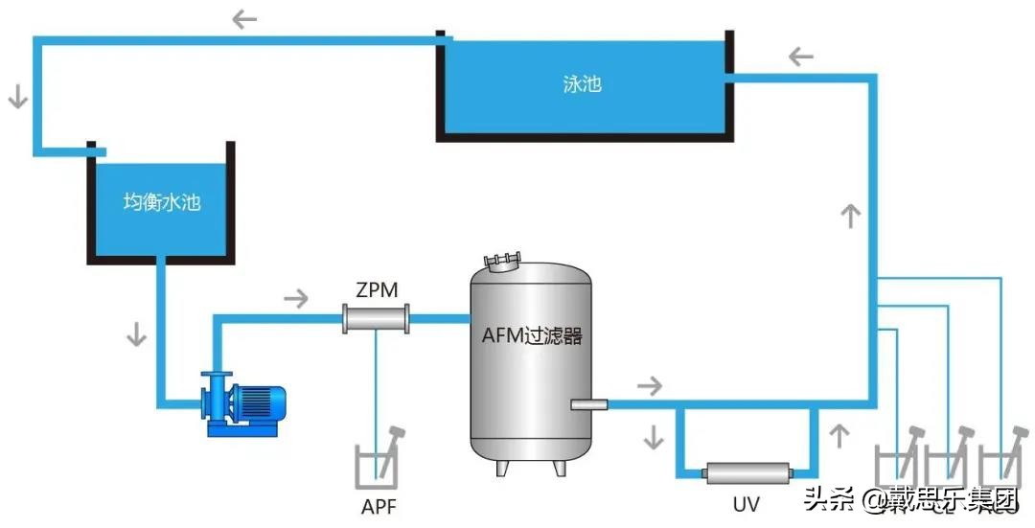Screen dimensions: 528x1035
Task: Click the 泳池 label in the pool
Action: click(582, 83)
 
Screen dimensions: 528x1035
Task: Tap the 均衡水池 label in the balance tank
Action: click(162, 202)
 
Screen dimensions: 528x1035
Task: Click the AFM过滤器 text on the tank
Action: click(532, 336)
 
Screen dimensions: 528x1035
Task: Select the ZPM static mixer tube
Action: click(377, 318)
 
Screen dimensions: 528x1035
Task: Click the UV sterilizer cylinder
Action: click(748, 471)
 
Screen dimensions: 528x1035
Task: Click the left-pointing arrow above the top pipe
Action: click(245, 18)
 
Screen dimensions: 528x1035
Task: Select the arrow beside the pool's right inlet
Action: click(801, 57)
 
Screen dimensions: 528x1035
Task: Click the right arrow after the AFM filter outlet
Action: click(650, 386)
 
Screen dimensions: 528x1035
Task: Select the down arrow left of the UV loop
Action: click(654, 436)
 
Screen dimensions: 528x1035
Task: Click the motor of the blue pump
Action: click(262, 402)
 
